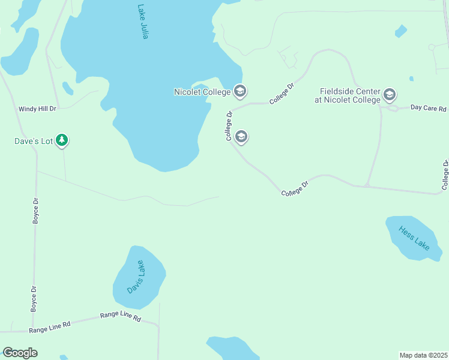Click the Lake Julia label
coord(142,22)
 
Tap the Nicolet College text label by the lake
coord(202,92)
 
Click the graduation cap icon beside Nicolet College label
coord(240,92)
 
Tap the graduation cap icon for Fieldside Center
coord(390,95)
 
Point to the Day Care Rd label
coord(429,109)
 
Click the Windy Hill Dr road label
coord(37,109)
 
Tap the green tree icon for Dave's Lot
coord(62,141)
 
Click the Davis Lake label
coord(136,277)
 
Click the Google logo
coord(20,353)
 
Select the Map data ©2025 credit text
coord(423,355)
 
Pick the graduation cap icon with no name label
coord(241,137)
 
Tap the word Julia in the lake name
coord(143,31)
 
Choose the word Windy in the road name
coord(28,109)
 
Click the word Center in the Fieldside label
coord(368,91)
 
